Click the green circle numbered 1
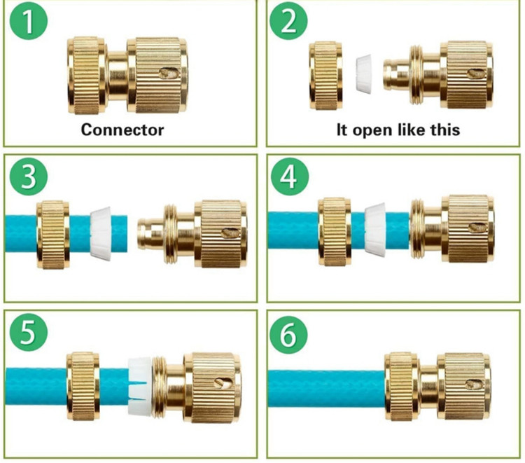pos(29,21)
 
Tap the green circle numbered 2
pos(288,21)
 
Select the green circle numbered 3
pos(29,177)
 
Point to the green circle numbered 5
pos(29,332)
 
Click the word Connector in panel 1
pos(122,130)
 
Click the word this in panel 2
pos(445,130)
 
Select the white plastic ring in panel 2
pos(363,73)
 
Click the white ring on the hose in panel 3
pos(100,233)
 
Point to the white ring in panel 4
pos(375,230)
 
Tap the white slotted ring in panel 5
pos(141,386)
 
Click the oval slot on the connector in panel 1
pos(169,73)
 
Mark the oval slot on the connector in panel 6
pos(475,385)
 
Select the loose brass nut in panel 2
pos(325,76)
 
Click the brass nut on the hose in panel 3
pos(53,235)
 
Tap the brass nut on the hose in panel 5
pos(83,386)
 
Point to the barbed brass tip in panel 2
pos(396,74)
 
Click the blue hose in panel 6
pos(327,388)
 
